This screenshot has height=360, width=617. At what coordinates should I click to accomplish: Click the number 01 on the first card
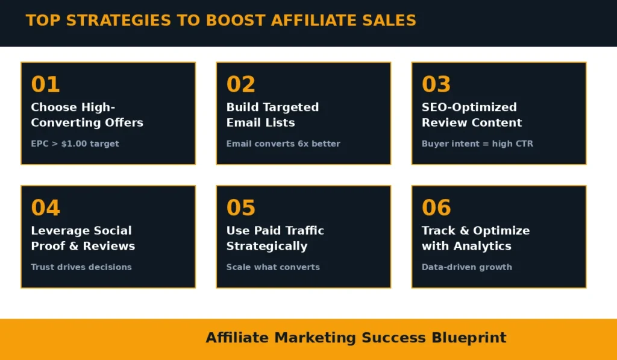(46, 84)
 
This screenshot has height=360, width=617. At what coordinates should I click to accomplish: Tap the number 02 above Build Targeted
(241, 84)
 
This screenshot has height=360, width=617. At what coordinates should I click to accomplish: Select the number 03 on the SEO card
(436, 84)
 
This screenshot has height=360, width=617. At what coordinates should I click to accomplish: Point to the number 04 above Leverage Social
(46, 208)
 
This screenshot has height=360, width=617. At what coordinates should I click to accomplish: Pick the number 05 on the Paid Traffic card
(241, 208)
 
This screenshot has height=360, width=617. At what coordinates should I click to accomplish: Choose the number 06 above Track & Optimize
(436, 208)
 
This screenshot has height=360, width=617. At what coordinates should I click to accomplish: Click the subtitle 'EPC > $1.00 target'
(75, 144)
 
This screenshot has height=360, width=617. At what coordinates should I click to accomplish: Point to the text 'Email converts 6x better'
(283, 144)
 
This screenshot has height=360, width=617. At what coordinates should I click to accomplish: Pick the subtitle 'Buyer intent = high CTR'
(477, 144)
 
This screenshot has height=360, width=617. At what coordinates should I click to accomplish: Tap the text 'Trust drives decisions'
(81, 267)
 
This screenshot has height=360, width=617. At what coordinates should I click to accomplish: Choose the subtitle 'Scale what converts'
(273, 267)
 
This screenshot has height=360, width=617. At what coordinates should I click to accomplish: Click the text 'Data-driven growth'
(467, 267)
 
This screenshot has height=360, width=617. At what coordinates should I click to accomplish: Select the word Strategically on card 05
(267, 246)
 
